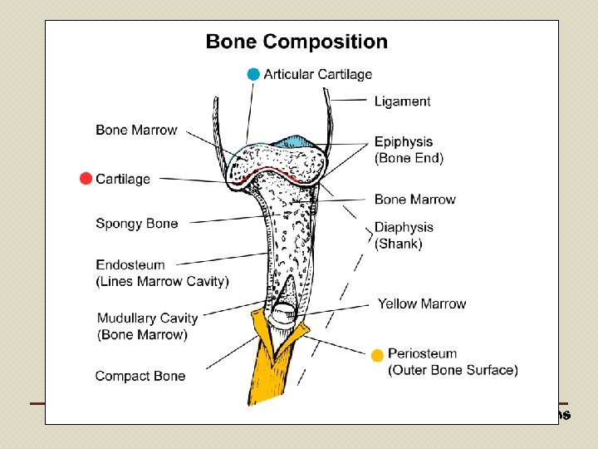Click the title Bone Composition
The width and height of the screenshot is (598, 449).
[297, 42]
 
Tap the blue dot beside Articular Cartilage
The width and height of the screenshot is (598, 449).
[253, 74]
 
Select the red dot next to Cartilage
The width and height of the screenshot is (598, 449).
[85, 179]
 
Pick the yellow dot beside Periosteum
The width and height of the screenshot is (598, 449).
[377, 355]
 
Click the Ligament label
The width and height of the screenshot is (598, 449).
[402, 101]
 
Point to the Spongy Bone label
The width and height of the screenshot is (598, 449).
[136, 223]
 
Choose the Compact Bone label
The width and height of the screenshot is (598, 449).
[140, 376]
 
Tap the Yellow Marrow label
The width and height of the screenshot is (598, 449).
[422, 303]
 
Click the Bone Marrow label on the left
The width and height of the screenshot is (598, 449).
[136, 130]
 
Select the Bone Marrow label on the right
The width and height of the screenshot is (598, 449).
[414, 200]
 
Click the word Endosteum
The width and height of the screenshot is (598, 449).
[130, 265]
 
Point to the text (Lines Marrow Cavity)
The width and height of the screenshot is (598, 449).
[162, 281]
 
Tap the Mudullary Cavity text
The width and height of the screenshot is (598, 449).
[147, 318]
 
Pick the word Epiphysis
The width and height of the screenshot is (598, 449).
[404, 142]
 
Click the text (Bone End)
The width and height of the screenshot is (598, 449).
[409, 158]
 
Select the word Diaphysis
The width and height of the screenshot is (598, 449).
[404, 227]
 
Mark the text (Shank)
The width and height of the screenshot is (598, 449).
[398, 244]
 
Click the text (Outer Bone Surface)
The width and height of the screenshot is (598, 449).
[453, 370]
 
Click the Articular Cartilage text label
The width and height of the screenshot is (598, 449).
[318, 74]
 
